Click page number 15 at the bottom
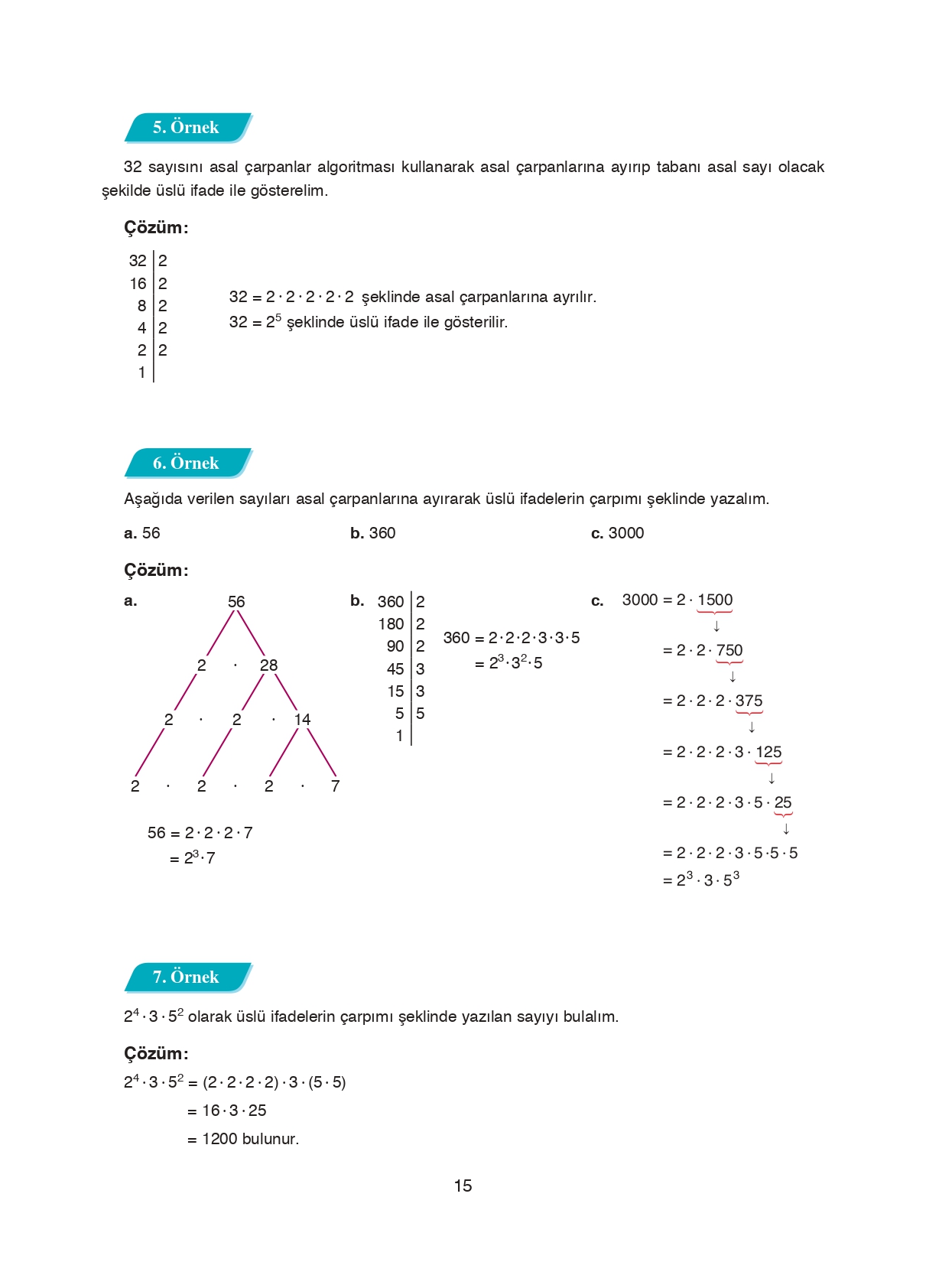point(463,1186)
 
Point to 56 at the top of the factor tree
point(236,602)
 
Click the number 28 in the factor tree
point(268,665)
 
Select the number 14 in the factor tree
point(302,720)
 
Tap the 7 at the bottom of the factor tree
point(335,786)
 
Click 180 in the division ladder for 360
point(391,624)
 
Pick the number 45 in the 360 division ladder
point(395,669)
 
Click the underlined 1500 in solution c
point(715,600)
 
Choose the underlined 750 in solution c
point(729,651)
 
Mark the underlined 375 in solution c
point(749,701)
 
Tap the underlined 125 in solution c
point(768,753)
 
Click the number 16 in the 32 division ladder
point(138,284)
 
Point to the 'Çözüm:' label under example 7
point(156,1054)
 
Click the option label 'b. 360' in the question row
point(373,533)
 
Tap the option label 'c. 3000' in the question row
point(617,533)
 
